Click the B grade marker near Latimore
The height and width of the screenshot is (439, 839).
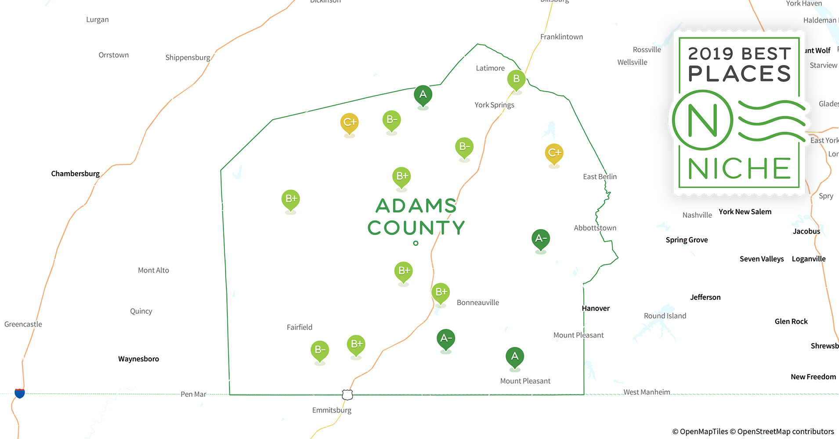click(x=516, y=79)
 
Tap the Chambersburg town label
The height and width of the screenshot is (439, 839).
click(x=75, y=173)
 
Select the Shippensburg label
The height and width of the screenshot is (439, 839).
click(x=188, y=58)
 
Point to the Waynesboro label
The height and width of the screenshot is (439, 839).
click(x=138, y=359)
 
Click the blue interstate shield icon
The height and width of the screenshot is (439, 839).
click(x=20, y=393)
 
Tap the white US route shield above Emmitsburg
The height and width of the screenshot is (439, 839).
click(x=347, y=395)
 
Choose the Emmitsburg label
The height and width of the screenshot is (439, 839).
click(x=332, y=410)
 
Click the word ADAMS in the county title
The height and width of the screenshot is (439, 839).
click(x=416, y=205)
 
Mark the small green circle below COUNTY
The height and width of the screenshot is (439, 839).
click(x=416, y=243)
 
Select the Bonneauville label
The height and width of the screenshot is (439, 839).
click(x=477, y=302)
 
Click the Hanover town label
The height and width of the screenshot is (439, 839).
click(x=596, y=308)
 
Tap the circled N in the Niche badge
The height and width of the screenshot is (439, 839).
click(x=702, y=120)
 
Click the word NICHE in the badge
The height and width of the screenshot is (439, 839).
click(x=740, y=169)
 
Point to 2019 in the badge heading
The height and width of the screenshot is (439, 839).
click(x=710, y=54)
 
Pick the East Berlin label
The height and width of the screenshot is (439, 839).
click(x=600, y=176)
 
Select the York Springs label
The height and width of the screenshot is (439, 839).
click(x=494, y=105)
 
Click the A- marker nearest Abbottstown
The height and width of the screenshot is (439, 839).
click(x=540, y=239)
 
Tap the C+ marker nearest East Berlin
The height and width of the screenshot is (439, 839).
click(x=554, y=153)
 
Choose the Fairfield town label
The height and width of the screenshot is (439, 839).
click(x=299, y=327)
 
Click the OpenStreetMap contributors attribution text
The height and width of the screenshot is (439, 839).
click(x=785, y=432)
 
